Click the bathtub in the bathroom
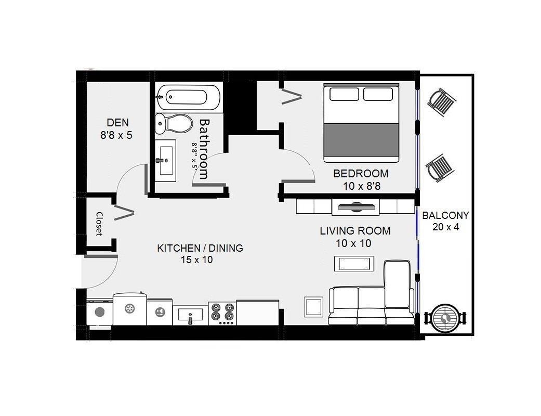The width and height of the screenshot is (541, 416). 188,97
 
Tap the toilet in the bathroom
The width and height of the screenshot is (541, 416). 174,124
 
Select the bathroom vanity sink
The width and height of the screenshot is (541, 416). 165,161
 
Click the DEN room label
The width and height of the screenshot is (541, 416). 117,123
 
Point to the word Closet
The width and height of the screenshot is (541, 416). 99,224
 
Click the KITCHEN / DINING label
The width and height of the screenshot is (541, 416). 200,248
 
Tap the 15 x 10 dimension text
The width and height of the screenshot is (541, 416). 196,259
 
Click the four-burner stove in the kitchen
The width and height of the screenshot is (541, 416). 222,313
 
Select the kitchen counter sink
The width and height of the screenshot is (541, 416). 190,315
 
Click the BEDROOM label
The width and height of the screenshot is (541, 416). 361,173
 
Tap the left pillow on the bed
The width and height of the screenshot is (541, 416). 344,94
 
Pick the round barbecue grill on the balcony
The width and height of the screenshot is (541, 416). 445,318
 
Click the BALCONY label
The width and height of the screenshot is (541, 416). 445,215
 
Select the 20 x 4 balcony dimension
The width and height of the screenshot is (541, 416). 446,227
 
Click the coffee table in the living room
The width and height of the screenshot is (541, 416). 354,264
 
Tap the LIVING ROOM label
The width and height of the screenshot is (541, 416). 355,230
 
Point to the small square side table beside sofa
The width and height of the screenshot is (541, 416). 313,307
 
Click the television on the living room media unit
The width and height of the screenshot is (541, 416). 356,207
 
